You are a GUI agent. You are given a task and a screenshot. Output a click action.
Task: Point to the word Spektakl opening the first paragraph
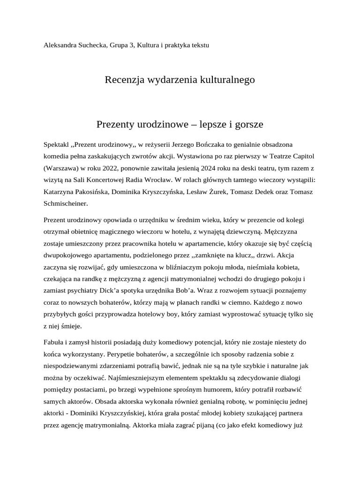click(56, 144)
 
